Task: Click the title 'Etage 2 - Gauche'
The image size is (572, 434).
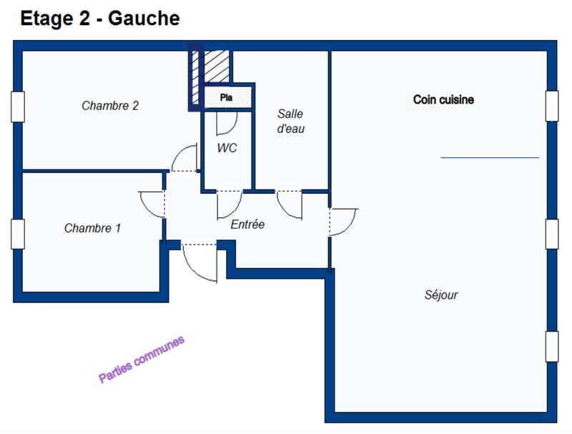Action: pos(99,19)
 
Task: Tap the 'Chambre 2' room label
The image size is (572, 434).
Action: pos(110,106)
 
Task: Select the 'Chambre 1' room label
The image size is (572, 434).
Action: pos(92,228)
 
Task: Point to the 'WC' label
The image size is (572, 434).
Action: pos(227,148)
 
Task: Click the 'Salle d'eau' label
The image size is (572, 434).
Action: pos(290,121)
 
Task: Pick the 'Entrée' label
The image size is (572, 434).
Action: pos(247,225)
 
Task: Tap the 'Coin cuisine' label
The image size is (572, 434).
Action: pos(443,99)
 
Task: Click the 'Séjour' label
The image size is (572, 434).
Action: pos(441,295)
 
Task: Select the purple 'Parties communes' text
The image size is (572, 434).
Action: pos(141,359)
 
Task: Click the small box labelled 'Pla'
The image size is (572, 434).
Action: pos(227,97)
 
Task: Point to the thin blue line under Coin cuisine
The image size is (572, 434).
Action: pos(490,157)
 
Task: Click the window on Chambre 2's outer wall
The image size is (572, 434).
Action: pos(18,107)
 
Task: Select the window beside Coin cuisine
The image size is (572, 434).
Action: pos(552,106)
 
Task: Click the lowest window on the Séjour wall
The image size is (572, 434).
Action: pos(552,347)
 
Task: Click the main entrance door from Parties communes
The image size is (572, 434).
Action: pos(199,262)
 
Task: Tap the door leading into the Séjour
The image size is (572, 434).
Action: pos(342,222)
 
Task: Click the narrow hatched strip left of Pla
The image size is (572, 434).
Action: pos(195,75)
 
